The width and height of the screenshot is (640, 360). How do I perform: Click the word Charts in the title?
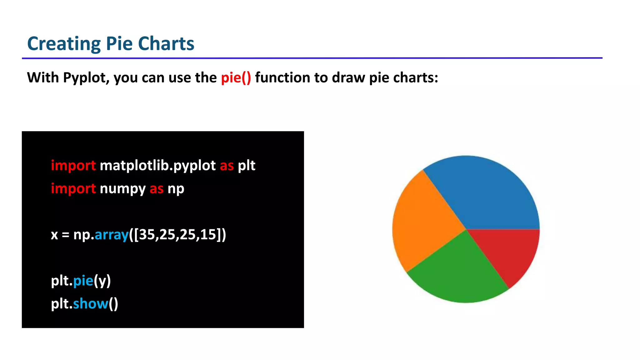pyautogui.click(x=166, y=44)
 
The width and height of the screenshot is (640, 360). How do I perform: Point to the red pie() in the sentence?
pyautogui.click(x=236, y=78)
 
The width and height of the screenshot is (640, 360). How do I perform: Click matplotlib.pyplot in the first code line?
pyautogui.click(x=157, y=166)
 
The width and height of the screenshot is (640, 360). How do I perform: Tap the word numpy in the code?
pyautogui.click(x=122, y=189)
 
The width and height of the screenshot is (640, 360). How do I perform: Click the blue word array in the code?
pyautogui.click(x=112, y=235)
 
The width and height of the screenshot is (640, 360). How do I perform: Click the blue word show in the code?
pyautogui.click(x=90, y=304)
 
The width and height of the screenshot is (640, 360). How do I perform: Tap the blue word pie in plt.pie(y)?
pyautogui.click(x=83, y=281)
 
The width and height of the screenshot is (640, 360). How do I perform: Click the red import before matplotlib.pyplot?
pyautogui.click(x=73, y=166)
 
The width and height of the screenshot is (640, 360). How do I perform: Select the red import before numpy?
pyautogui.click(x=73, y=189)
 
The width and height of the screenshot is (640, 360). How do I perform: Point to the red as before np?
pyautogui.click(x=156, y=189)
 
